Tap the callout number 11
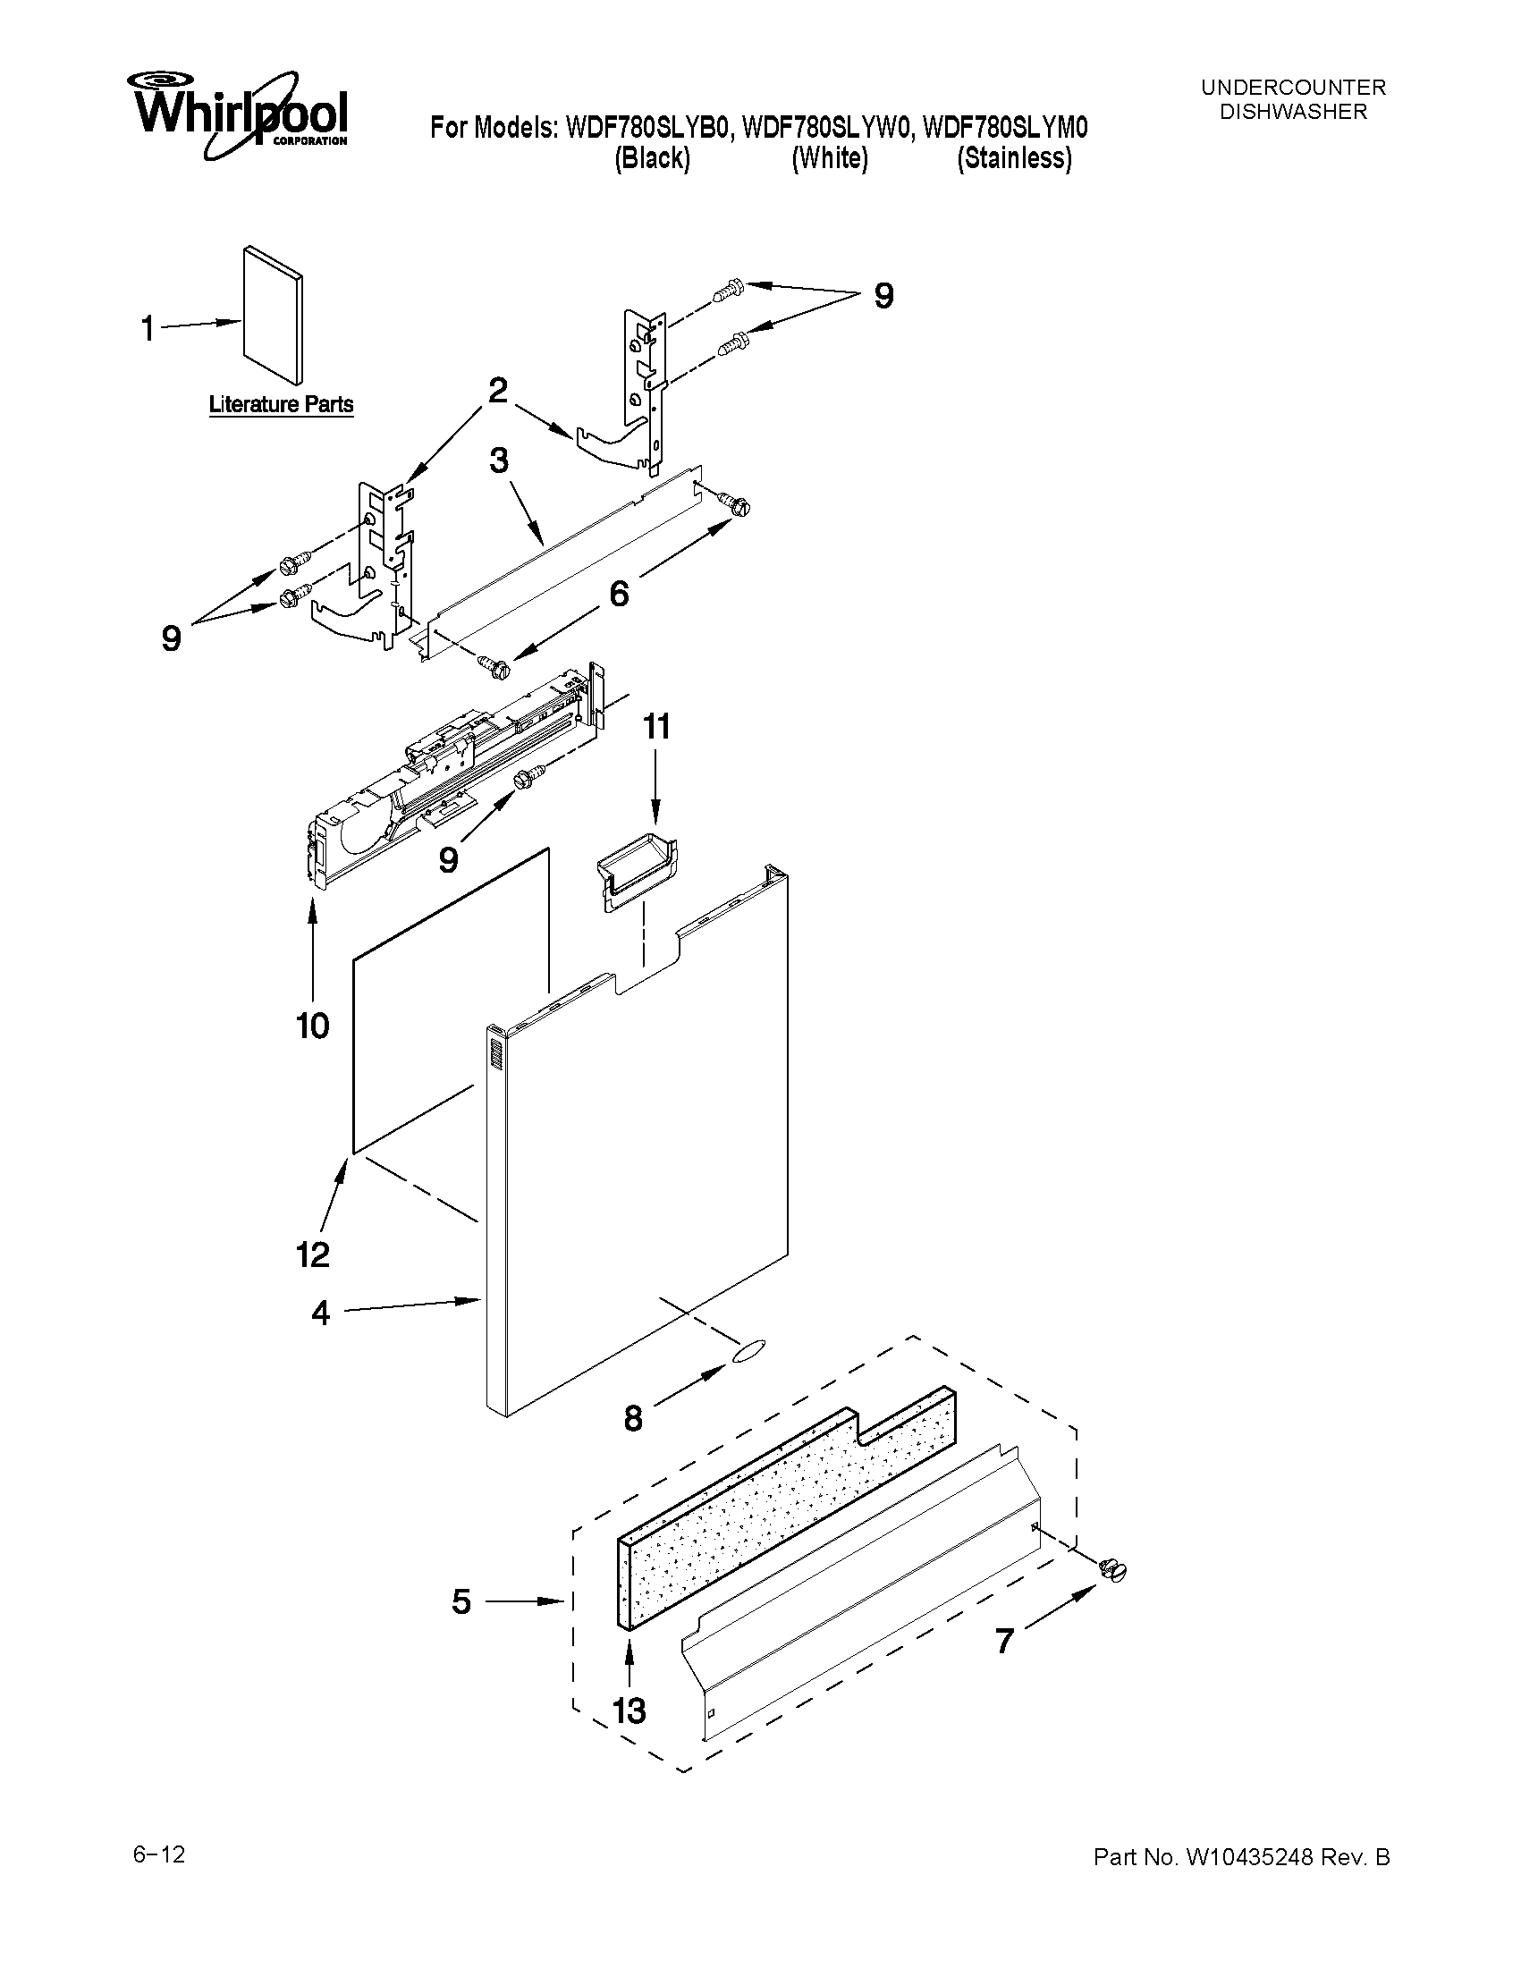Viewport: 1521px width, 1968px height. (x=656, y=726)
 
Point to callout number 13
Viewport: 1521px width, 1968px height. (x=628, y=1710)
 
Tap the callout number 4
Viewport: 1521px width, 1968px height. (x=321, y=1313)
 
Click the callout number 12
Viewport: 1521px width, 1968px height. (x=313, y=1254)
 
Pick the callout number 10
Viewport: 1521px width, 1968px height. (x=313, y=1026)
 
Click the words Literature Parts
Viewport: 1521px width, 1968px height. (x=281, y=404)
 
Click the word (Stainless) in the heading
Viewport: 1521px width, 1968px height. (x=1015, y=158)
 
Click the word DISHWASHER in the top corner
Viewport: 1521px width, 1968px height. (x=1293, y=112)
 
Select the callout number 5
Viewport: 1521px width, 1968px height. (x=461, y=1601)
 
